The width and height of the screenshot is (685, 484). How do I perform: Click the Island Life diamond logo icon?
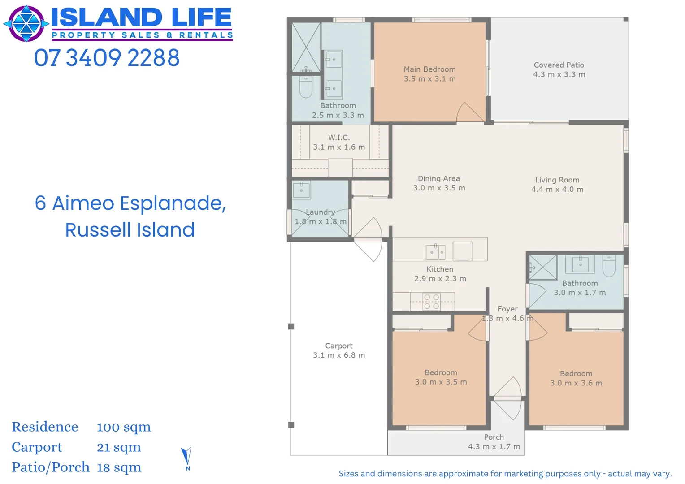click(26, 24)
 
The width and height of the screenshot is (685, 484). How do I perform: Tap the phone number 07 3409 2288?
click(107, 58)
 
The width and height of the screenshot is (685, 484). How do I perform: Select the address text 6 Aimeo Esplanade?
click(130, 203)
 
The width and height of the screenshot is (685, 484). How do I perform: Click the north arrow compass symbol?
click(186, 458)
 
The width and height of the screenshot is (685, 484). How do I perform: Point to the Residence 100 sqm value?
click(124, 427)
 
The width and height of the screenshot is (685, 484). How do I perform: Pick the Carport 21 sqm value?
click(119, 447)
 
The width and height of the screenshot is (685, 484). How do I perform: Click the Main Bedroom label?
click(429, 69)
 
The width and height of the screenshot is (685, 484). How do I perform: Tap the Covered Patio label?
click(559, 65)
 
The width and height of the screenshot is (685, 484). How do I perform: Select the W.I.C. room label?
click(339, 138)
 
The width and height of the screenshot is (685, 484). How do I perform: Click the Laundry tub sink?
click(301, 190)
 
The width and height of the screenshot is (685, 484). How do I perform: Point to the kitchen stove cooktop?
click(432, 302)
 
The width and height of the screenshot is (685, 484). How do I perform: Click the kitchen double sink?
click(435, 252)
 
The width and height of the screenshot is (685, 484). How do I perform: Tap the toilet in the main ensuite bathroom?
click(305, 87)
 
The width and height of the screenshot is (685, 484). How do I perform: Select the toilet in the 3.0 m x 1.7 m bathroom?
click(609, 266)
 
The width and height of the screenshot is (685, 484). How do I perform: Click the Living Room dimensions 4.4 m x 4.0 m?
click(557, 190)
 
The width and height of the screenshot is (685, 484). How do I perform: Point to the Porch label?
click(494, 437)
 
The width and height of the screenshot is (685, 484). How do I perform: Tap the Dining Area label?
click(438, 178)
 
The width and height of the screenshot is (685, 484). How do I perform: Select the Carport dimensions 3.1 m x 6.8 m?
click(339, 355)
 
